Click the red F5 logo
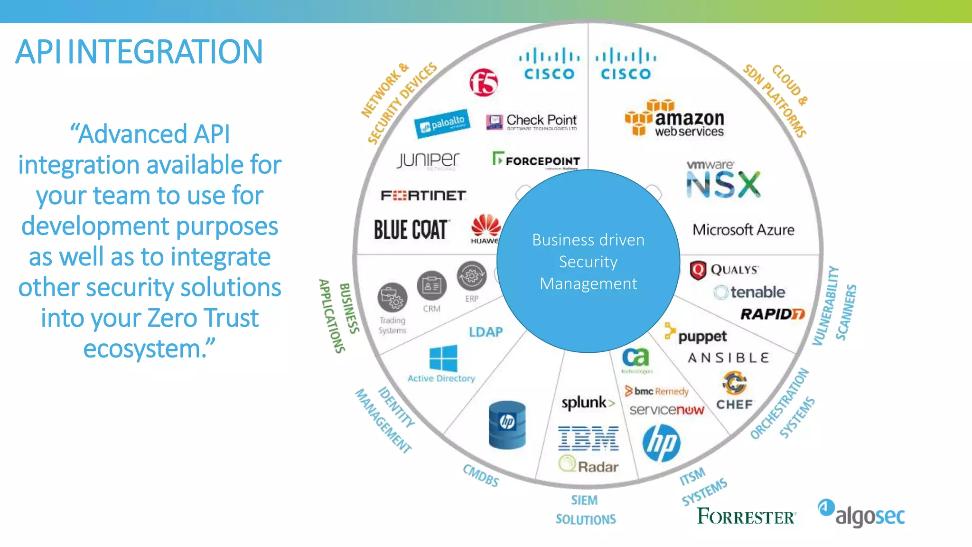(484, 82)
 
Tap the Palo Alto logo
(442, 123)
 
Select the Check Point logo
(532, 122)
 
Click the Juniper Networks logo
(429, 160)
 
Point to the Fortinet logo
(423, 195)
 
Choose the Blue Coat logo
(411, 230)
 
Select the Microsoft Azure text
(743, 230)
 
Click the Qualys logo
(724, 270)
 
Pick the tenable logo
(750, 292)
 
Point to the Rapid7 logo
(772, 314)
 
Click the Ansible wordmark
(729, 358)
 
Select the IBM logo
(589, 438)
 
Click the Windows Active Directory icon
(443, 358)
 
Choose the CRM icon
(431, 286)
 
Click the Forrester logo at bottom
(746, 516)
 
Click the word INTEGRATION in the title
(165, 52)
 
